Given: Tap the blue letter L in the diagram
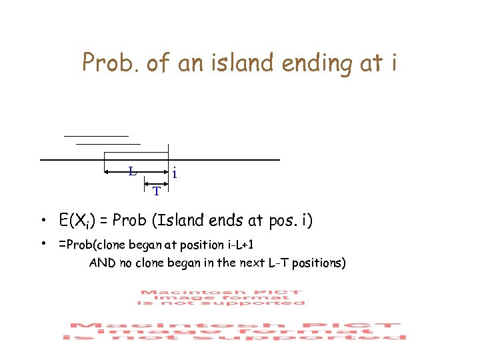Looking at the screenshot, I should pos(133,171).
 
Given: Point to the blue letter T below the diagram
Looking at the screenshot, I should pos(156,191).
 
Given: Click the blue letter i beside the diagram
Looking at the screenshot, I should pos(174,173).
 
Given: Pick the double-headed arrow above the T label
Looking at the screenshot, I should pos(157,181).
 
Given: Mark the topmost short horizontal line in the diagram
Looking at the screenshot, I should pos(95,136).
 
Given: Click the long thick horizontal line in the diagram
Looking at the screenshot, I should pos(159,160).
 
